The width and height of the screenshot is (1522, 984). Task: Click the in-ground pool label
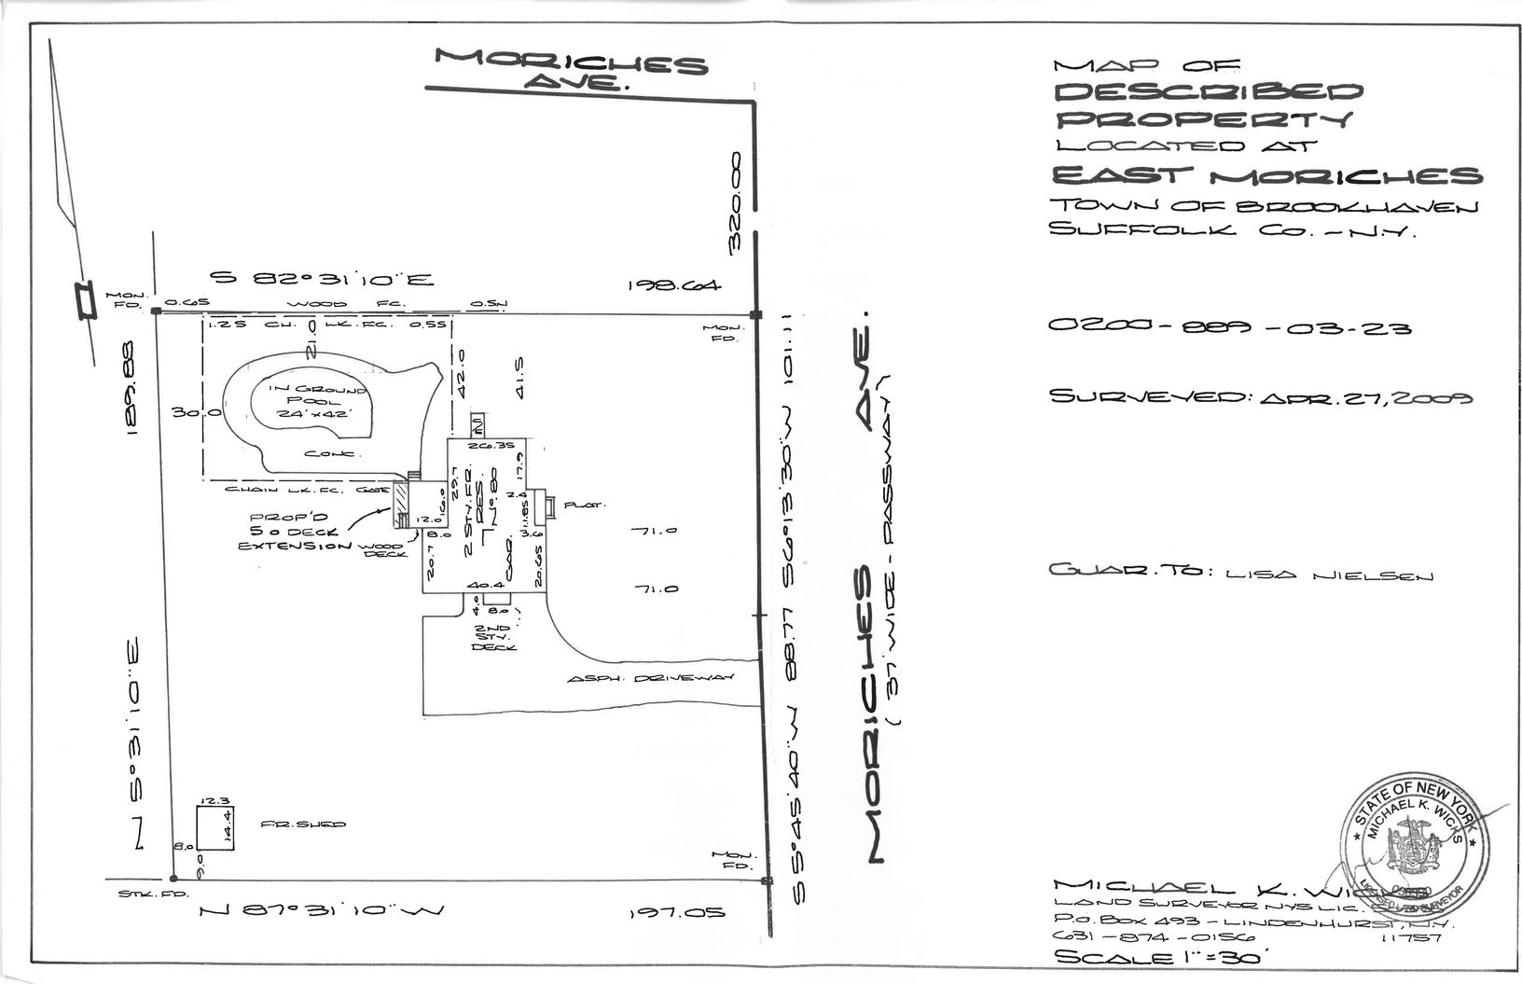pyautogui.click(x=309, y=403)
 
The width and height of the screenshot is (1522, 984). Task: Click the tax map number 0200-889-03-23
pyautogui.click(x=1228, y=327)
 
